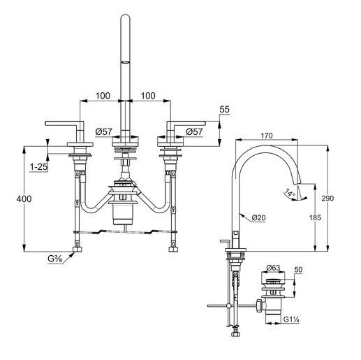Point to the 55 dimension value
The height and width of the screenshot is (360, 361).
coord(225,110)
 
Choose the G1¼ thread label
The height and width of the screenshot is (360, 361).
coord(293,320)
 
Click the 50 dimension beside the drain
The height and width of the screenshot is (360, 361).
coord(298,269)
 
